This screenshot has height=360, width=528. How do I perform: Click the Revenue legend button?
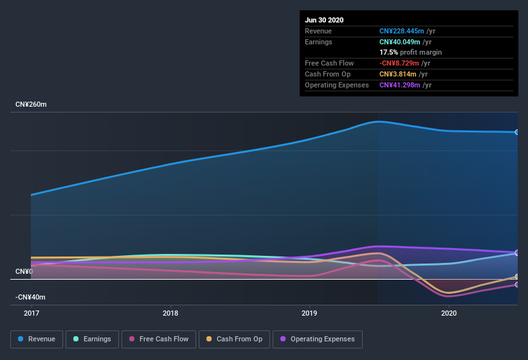[x=37, y=339]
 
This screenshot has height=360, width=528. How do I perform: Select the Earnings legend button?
[x=92, y=339]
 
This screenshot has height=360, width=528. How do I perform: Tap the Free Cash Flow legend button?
[x=159, y=339]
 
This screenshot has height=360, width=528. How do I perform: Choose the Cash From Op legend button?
[x=233, y=339]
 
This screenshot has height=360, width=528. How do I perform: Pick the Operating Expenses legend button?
[x=318, y=339]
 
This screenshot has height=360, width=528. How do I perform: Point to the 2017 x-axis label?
[x=32, y=313]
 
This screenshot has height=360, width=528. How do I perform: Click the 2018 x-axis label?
[x=170, y=313]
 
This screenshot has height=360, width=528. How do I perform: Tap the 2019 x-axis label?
[x=310, y=313]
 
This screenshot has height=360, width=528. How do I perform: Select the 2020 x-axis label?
[x=449, y=313]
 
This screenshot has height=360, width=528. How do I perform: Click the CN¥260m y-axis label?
[x=31, y=104]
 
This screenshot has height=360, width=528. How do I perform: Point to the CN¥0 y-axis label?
[x=24, y=272]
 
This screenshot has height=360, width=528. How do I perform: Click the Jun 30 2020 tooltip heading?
[x=324, y=20]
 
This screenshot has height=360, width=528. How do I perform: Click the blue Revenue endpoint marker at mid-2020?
[x=517, y=132]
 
